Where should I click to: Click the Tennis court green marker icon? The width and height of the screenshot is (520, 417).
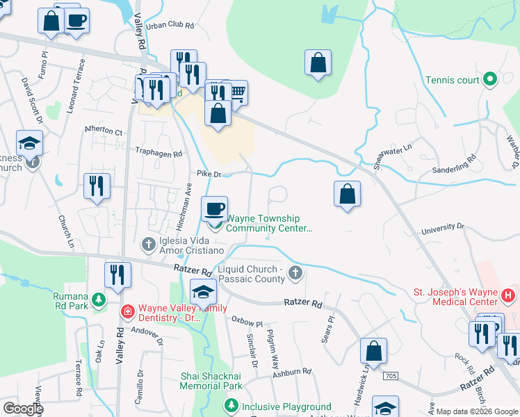tap(490, 80)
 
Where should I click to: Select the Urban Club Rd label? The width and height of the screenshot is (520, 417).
tap(170, 26)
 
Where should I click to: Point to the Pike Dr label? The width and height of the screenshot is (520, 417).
tap(209, 174)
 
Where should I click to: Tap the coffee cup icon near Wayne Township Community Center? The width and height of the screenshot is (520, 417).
tap(214, 207)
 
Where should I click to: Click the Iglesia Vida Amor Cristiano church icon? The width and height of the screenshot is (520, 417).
tap(147, 244)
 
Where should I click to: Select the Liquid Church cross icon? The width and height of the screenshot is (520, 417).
tap(295, 272)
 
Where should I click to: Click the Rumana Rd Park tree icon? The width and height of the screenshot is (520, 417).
tap(99, 299)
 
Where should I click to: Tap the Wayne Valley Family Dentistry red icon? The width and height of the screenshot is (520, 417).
tap(127, 311)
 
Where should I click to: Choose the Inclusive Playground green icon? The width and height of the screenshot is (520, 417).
tap(230, 407)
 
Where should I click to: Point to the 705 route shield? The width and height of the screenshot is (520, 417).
tap(391, 375)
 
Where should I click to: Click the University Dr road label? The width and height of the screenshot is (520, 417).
tap(442, 227)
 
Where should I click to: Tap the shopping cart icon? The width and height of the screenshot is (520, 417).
tap(237, 91)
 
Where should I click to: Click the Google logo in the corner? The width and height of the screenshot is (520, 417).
tap(22, 408)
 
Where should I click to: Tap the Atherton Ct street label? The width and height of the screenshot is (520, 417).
tap(103, 131)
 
